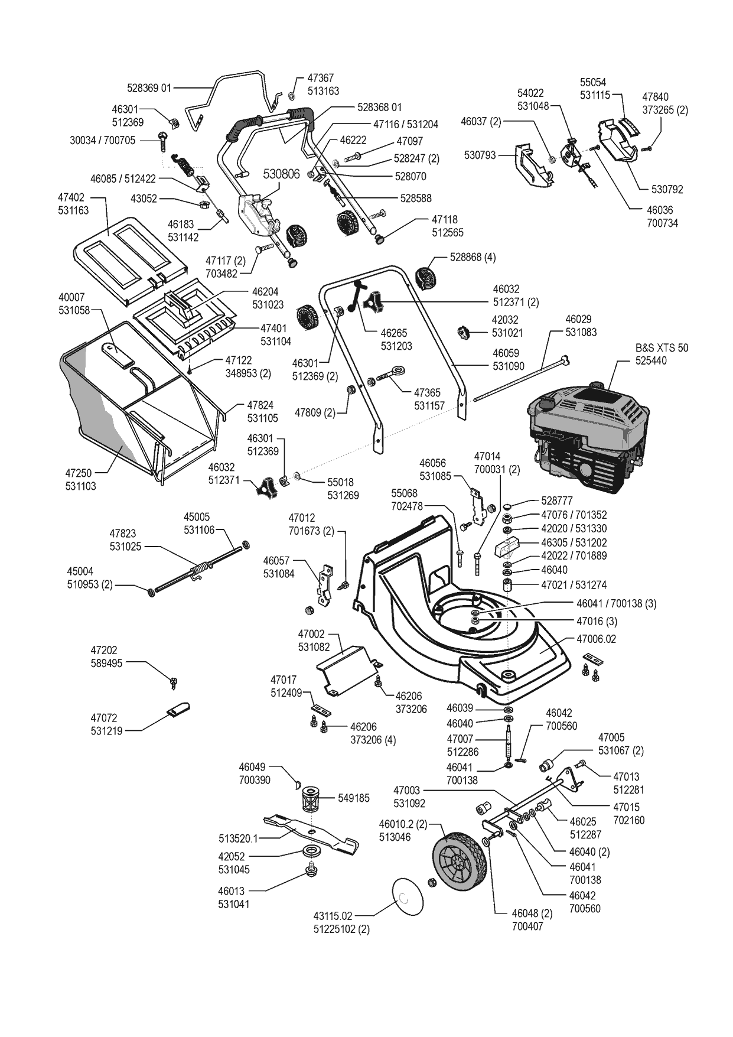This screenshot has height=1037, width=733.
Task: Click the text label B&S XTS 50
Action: coord(662,348)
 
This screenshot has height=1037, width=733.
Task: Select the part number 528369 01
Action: coord(149,88)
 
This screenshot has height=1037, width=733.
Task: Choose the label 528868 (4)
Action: coord(473,258)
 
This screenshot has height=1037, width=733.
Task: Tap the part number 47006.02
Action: coord(596,639)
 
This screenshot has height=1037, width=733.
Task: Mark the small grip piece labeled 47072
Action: coord(179,708)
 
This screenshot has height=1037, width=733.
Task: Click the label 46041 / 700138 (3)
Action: coord(616,603)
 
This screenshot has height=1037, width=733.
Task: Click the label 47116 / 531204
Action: coord(406,125)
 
